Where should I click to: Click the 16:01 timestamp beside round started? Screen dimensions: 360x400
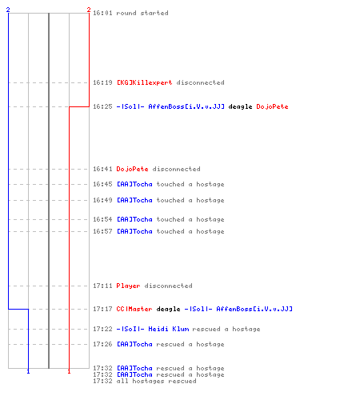tap(102, 13)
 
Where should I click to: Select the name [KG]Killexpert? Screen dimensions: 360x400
tap(144, 82)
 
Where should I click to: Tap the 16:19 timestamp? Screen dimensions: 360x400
tap(102, 82)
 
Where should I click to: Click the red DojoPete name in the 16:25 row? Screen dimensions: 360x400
tap(272, 106)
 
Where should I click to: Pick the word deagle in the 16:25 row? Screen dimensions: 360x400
tap(240, 107)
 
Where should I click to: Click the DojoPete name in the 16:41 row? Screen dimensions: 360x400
tap(132, 169)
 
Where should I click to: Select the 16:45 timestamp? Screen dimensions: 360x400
tap(102, 184)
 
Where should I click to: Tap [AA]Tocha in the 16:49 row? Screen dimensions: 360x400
tap(134, 200)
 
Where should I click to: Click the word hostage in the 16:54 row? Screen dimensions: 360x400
tap(210, 220)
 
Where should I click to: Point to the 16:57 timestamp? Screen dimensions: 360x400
tap(102, 231)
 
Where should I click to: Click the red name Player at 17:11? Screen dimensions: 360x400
tap(128, 286)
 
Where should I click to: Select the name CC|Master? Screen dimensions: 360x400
tap(134, 309)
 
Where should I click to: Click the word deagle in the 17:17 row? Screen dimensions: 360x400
tap(168, 310)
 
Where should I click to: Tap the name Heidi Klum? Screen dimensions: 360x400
tap(169, 329)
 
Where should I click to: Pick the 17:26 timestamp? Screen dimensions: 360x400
tap(102, 344)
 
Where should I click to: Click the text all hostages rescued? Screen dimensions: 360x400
tap(156, 382)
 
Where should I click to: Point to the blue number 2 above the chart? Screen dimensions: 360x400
tap(8, 10)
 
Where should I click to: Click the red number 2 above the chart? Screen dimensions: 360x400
tap(89, 10)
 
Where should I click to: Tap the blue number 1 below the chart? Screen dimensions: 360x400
tap(28, 371)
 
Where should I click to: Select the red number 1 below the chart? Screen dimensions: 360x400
tap(69, 371)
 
